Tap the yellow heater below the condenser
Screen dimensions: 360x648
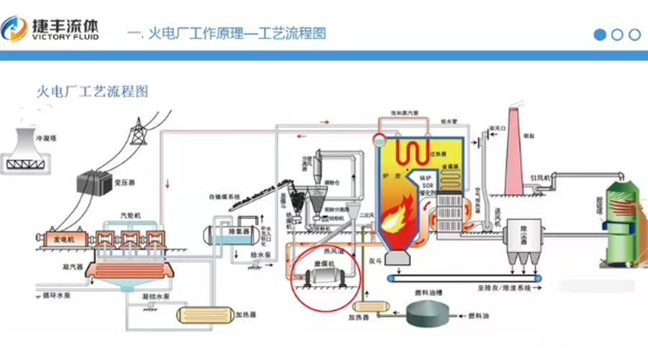(197, 314)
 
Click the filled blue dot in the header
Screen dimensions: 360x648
(600, 35)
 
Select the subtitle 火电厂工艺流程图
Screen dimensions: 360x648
(93, 92)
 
